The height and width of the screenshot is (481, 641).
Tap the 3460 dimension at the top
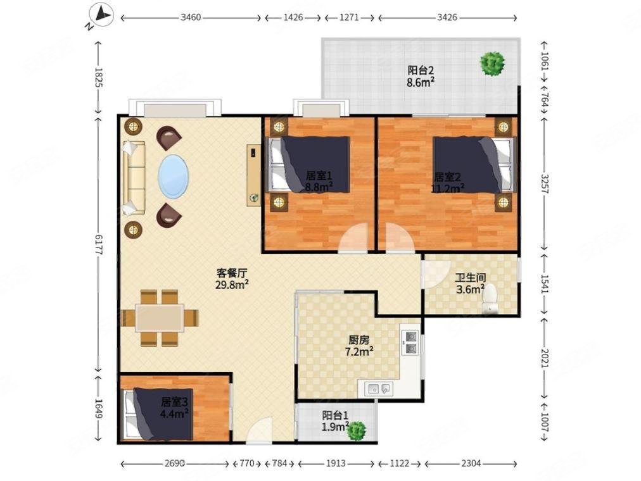point(191,18)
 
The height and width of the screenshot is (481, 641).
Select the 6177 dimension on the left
point(98,244)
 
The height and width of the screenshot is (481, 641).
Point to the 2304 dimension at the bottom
point(471,463)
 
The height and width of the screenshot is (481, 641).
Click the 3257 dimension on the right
point(544,184)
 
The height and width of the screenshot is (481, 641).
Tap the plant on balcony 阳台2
point(492,64)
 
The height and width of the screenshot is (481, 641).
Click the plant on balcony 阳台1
point(356,431)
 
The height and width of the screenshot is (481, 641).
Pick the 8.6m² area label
point(420,83)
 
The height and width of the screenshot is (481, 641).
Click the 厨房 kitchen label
point(359,339)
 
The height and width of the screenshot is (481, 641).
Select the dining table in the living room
point(160,318)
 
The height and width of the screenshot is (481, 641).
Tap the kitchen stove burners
point(410,342)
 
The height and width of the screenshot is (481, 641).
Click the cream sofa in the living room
point(134,177)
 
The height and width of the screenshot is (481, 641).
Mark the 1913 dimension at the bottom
point(336,463)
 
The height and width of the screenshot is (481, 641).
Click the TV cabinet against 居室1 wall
point(253,175)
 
